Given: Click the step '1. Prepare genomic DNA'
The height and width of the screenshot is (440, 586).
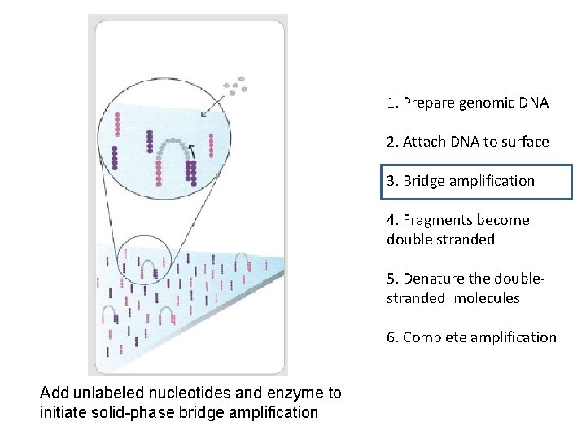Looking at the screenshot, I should (467, 103).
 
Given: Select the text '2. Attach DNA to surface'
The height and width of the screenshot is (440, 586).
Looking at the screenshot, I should (467, 142).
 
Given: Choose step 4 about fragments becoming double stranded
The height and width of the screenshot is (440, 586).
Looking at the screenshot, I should (457, 229).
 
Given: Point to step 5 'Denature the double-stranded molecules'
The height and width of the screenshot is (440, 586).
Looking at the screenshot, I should (465, 288).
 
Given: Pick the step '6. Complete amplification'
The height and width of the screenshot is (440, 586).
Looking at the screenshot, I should (471, 337).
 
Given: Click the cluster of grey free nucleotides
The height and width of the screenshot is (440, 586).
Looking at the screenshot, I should (236, 86).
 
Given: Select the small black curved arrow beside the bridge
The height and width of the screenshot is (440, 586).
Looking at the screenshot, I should (191, 149).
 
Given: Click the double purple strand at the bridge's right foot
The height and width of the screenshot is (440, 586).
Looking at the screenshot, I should (191, 173).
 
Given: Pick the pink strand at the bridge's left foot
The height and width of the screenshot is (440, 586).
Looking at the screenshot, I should (158, 172).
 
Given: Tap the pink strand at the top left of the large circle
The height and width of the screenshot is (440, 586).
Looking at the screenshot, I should (118, 124).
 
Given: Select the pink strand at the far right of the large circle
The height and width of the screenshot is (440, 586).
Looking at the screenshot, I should (212, 145).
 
